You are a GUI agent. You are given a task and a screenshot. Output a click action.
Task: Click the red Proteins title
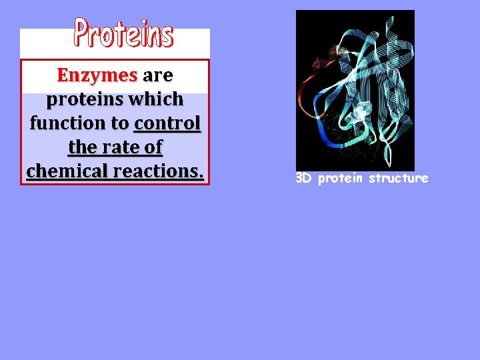click(x=123, y=33)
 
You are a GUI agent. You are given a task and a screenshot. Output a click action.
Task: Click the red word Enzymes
click(x=97, y=75)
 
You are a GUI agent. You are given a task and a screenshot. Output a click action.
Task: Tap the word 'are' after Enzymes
click(x=157, y=75)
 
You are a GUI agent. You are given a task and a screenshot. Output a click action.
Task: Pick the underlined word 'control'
click(x=167, y=123)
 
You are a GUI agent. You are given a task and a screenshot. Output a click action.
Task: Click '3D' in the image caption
click(x=304, y=179)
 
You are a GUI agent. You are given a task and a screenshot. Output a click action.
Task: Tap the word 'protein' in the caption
click(x=339, y=179)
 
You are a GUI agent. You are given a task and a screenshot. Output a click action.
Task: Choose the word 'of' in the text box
click(x=153, y=147)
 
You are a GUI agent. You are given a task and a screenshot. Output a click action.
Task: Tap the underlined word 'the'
click(x=82, y=147)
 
